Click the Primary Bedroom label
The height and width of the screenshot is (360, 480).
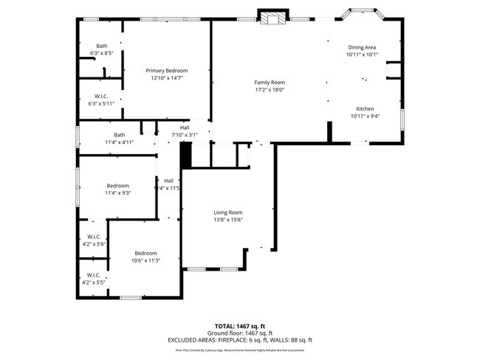click(166, 70)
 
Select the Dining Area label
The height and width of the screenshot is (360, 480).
click(363, 47)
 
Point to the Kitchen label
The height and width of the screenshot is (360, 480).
click(365, 108)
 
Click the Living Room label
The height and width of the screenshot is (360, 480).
click(227, 212)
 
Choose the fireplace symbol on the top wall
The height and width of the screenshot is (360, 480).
click(270, 18)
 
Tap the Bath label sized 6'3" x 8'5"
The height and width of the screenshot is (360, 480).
click(101, 46)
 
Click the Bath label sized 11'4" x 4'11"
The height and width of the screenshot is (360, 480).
click(119, 134)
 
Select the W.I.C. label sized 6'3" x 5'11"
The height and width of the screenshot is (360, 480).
click(101, 97)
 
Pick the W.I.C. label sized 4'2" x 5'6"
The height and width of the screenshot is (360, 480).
click(94, 237)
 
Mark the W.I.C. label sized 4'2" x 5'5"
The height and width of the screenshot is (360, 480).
click(94, 275)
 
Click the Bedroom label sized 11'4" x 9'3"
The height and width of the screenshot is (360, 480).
click(117, 185)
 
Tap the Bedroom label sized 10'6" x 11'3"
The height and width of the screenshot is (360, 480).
click(145, 253)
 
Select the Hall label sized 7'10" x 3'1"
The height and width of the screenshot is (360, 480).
click(185, 128)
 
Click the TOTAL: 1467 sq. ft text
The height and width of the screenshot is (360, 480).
click(239, 325)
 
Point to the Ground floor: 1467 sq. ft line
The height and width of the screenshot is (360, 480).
click(239, 333)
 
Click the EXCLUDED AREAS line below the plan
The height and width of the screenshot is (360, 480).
click(239, 340)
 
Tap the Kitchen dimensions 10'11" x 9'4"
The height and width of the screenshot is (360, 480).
click(365, 116)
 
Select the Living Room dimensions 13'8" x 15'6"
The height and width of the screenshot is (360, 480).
click(227, 219)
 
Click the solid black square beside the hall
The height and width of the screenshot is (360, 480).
click(186, 155)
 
